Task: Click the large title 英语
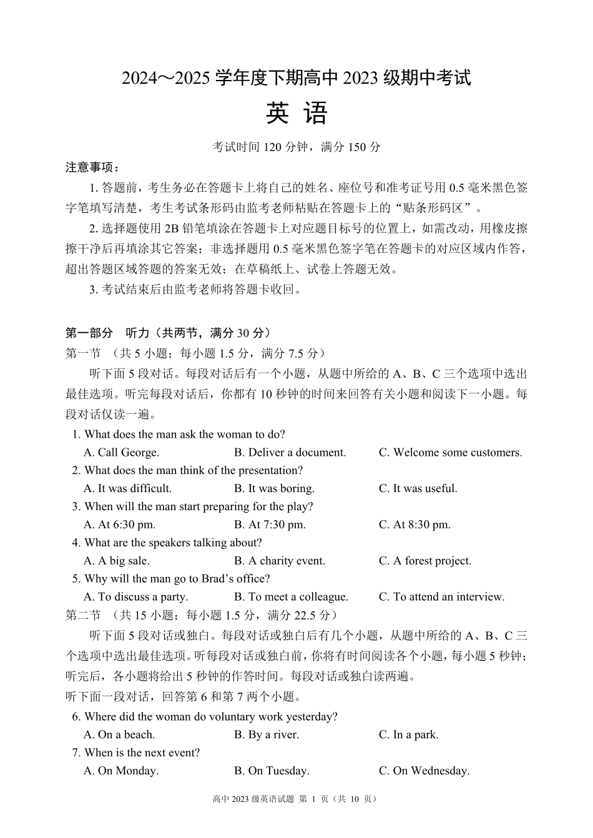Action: pos(296,114)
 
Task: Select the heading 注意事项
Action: pos(92,167)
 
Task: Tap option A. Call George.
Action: pos(121,452)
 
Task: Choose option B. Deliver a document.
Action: pos(290,452)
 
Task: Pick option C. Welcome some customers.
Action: pos(450,452)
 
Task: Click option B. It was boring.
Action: pos(274,488)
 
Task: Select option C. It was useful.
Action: pos(418,488)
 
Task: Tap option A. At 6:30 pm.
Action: pos(119,525)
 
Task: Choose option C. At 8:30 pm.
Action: pos(414,525)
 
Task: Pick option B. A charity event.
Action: pos(280,561)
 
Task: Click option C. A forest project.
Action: pos(424,561)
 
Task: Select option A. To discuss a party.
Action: pos(135,597)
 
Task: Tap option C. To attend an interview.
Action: pos(441,597)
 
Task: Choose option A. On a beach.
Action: pos(119,734)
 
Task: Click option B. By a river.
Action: pos(267,734)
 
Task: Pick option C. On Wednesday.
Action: pos(424,771)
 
